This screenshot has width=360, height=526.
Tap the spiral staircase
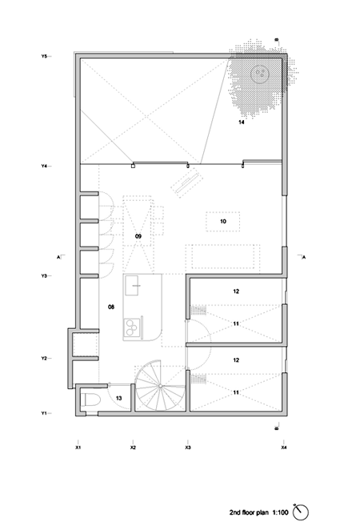coord(161,386)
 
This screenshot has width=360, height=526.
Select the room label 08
coord(111,307)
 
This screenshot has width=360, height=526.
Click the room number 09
coord(138,236)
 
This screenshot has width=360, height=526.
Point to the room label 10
coord(223,222)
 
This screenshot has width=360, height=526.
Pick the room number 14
coord(242,122)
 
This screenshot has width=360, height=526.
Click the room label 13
coord(118,398)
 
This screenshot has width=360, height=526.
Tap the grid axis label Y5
coord(44,56)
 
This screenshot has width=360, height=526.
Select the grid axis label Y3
coord(44,276)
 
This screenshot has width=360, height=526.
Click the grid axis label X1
coord(78,448)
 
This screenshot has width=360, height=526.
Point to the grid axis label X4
coord(284,448)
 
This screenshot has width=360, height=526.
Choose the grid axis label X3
coord(188,448)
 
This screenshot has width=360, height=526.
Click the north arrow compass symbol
coord(300,512)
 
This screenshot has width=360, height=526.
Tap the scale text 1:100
coord(280,512)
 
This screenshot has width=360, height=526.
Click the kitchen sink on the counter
coord(132,286)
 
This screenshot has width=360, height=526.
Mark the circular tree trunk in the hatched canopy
coord(260,74)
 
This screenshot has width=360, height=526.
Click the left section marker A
coord(58,257)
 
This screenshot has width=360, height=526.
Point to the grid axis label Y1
coord(44,413)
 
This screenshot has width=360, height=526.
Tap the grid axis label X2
coord(133,448)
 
